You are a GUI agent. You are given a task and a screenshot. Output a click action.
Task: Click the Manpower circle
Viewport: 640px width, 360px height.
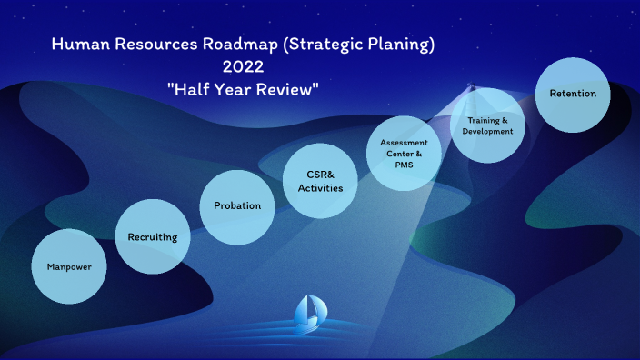pos(69,266)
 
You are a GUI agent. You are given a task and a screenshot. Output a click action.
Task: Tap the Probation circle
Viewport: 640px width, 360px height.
pos(237,205)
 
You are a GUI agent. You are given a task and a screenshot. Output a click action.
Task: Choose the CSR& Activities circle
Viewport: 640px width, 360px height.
pos(320,181)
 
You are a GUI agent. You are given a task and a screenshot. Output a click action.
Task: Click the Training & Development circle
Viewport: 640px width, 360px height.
pos(487,125)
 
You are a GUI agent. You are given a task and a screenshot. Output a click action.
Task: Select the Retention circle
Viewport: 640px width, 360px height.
pos(573,94)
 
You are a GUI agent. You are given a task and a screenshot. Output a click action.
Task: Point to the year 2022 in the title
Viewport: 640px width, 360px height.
pos(244,66)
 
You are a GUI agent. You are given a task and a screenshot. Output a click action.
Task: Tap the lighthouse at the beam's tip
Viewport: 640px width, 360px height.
pos(471,87)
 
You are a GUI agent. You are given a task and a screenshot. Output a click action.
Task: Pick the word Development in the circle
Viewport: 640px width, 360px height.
pos(487,131)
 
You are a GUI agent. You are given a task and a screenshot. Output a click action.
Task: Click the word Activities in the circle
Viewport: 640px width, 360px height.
pos(320,188)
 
